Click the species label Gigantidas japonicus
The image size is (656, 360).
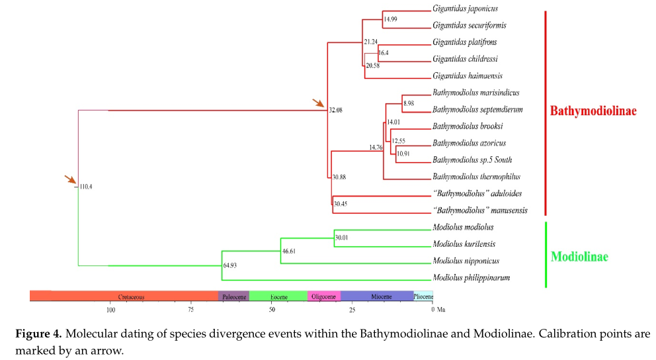466,9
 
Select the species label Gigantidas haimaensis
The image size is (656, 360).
468,75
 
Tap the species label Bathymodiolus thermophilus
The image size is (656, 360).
477,177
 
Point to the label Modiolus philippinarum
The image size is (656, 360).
471,277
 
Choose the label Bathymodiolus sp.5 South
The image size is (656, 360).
472,160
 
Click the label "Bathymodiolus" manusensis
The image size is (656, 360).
480,210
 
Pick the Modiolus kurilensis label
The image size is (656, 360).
464,244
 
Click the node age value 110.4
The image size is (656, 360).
86,187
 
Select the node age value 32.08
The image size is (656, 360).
335,110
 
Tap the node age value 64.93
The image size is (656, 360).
229,265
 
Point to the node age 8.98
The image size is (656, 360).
409,103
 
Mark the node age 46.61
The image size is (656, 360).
289,251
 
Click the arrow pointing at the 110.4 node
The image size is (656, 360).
71,179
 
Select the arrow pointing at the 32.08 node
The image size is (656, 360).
319,103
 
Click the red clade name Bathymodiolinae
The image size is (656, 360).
593,111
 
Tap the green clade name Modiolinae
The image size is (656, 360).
579,257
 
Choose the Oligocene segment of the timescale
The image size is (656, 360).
324,296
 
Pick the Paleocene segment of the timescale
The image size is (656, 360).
234,296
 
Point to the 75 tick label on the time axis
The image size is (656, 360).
190,310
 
